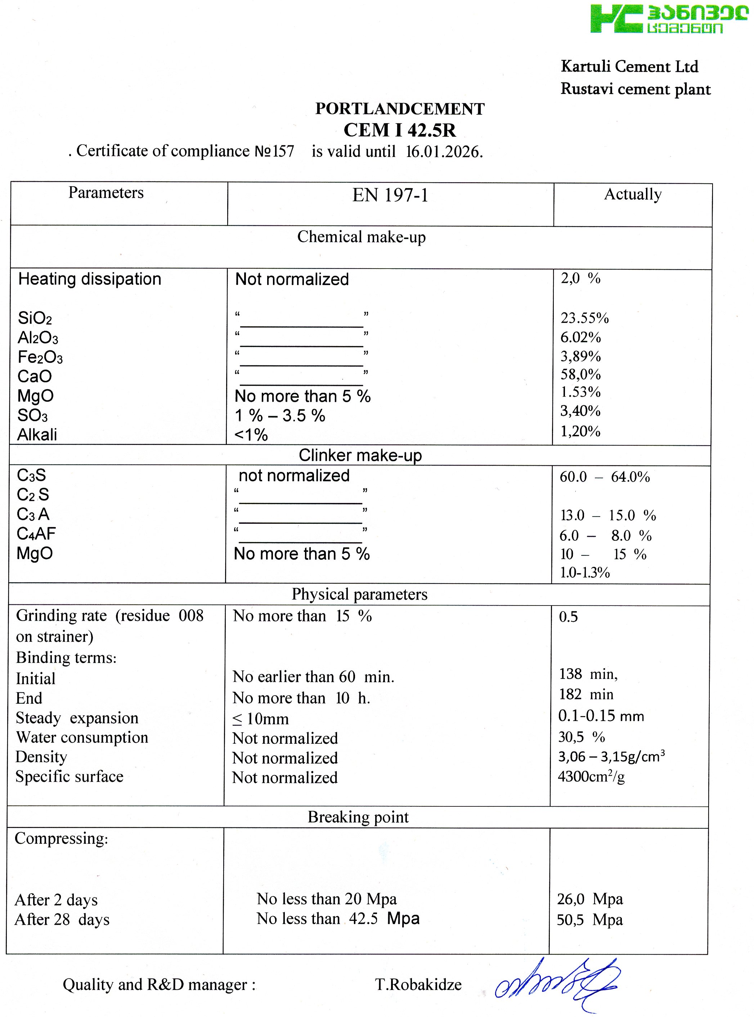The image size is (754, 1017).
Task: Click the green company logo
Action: pos(668,19)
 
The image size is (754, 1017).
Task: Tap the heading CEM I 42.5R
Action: pos(399,130)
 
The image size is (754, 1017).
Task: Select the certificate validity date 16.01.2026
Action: pos(444,152)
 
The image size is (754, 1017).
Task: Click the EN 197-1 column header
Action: pos(390,195)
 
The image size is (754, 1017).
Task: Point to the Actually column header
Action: pos(633,194)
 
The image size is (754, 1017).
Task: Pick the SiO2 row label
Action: pos(35,318)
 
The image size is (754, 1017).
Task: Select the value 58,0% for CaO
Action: pos(580,375)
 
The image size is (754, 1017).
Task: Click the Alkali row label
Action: pos(37,435)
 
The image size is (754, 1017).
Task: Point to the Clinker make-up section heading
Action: pos(360,455)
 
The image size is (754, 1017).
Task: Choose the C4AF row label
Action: pos(36,534)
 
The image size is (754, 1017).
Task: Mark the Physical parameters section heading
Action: pos(360,594)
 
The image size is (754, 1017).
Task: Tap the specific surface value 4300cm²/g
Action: pos(591,777)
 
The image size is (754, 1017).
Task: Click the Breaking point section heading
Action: pos(358,817)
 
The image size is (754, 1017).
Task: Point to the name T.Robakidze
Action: pos(418,985)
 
